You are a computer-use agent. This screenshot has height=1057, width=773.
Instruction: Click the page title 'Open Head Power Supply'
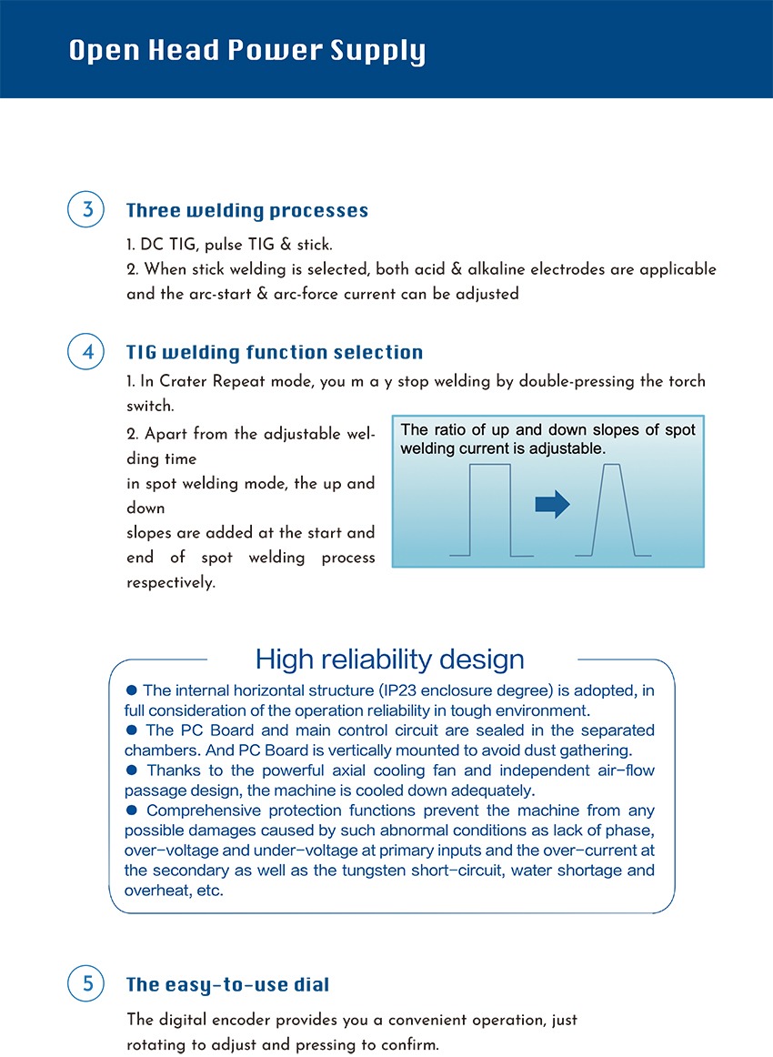[x=246, y=51]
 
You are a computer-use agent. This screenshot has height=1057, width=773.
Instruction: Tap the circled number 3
[x=87, y=210]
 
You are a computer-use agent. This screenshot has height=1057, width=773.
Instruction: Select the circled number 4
[x=87, y=352]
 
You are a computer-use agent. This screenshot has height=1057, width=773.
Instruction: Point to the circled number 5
[x=87, y=983]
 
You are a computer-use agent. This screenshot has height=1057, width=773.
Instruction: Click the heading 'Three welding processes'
[x=246, y=211]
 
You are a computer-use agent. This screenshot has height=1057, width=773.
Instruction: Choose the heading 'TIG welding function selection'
[x=274, y=352]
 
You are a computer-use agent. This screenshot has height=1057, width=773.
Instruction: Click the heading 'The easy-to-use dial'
[x=227, y=984]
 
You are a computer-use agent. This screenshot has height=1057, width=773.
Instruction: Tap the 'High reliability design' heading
[x=389, y=659]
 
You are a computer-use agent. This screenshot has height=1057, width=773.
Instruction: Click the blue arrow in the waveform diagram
[x=552, y=504]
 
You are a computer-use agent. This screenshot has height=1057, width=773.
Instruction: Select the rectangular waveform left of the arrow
[x=490, y=509]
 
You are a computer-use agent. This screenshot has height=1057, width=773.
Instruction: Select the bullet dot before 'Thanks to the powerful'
[x=131, y=770]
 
